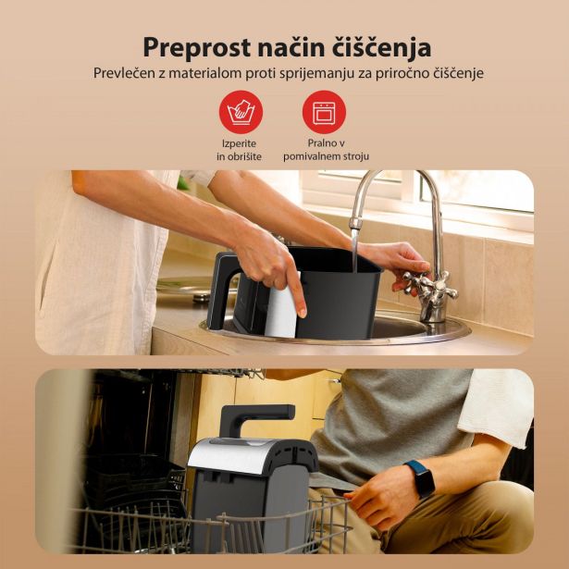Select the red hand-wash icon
[241, 113]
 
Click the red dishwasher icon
[325, 113]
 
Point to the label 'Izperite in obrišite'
[240, 151]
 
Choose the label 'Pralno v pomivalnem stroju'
[326, 151]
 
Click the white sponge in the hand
[280, 303]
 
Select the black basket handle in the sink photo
[222, 289]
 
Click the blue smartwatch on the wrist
[419, 478]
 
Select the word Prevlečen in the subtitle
[125, 73]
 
